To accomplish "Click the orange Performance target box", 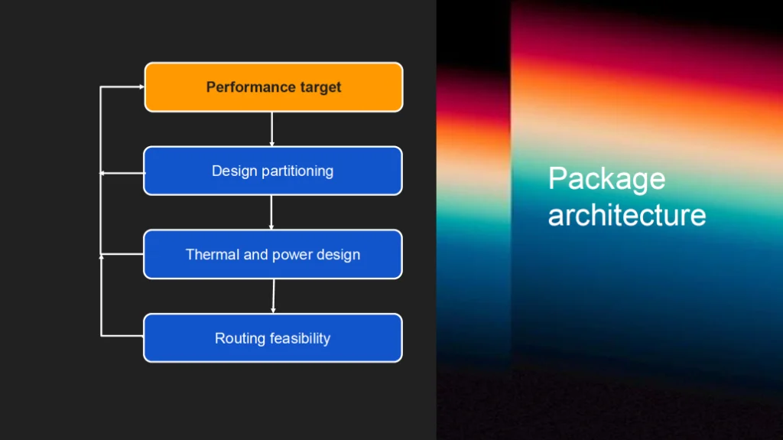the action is [274, 87].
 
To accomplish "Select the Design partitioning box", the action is [273, 171].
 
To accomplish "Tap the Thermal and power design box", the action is [273, 255].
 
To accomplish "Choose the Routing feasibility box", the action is [273, 338].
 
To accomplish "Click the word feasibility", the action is [300, 338].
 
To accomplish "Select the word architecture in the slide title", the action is [627, 214].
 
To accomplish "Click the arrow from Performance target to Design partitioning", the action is [271, 129].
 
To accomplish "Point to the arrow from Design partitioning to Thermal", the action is [271, 213].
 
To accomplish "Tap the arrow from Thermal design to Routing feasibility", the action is [273, 296].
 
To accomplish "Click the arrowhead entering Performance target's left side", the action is [141, 87].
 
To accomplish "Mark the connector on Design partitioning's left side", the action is [122, 174].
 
